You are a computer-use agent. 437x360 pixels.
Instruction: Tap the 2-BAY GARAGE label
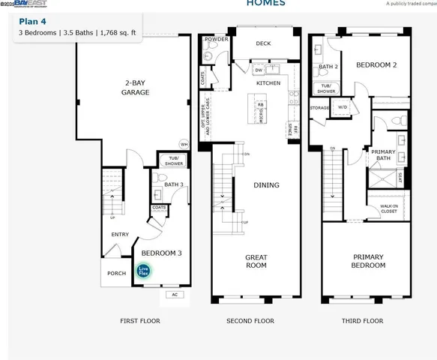click(136, 88)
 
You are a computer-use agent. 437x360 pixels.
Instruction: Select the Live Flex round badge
click(143, 270)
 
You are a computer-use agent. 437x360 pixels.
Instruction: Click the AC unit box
click(175, 295)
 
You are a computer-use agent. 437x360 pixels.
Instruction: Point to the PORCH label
click(116, 273)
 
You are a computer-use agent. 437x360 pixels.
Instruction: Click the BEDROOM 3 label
click(161, 253)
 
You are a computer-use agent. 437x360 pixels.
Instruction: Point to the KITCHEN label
click(268, 83)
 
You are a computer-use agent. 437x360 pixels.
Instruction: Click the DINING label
click(266, 185)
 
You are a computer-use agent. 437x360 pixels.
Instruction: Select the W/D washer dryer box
click(343, 107)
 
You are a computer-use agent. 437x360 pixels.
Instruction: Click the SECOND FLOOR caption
click(250, 321)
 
